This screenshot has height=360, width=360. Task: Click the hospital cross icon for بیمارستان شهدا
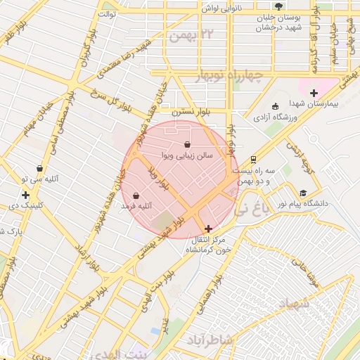[314, 93]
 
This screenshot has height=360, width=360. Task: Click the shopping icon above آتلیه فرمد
[136, 195]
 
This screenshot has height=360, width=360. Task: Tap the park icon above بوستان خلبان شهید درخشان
[279, 6]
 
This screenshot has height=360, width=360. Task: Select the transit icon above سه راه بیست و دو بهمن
[253, 159]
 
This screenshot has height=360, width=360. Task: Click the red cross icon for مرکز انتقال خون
[208, 229]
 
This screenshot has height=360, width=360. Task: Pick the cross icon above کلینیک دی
[25, 195]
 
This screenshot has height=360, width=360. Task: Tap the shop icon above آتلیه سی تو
[39, 169]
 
